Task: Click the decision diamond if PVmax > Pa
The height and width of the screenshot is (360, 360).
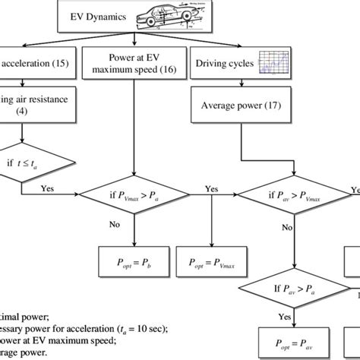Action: point(134,201)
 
